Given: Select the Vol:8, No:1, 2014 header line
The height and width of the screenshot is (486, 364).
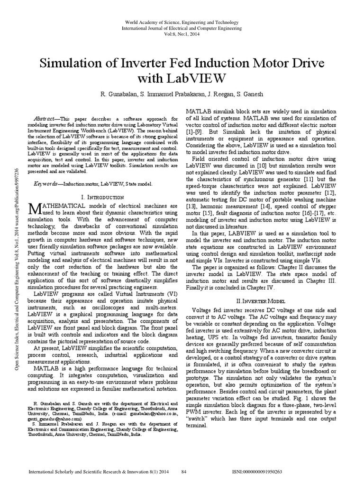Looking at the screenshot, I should tap(182, 35).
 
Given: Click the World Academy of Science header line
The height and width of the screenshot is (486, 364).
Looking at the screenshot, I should tap(182, 22).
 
